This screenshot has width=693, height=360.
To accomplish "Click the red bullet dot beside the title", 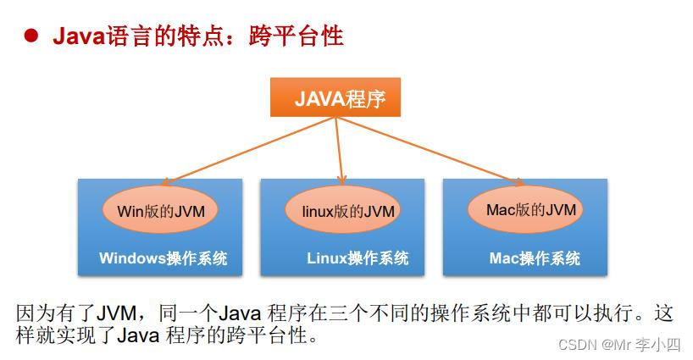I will point(30,36).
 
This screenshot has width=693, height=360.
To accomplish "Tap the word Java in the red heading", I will point(77,36).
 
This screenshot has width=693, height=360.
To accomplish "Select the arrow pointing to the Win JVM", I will point(246,150).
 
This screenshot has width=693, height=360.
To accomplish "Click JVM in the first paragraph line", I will point(113,313).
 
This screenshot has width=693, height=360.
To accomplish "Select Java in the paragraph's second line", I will point(137,335).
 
